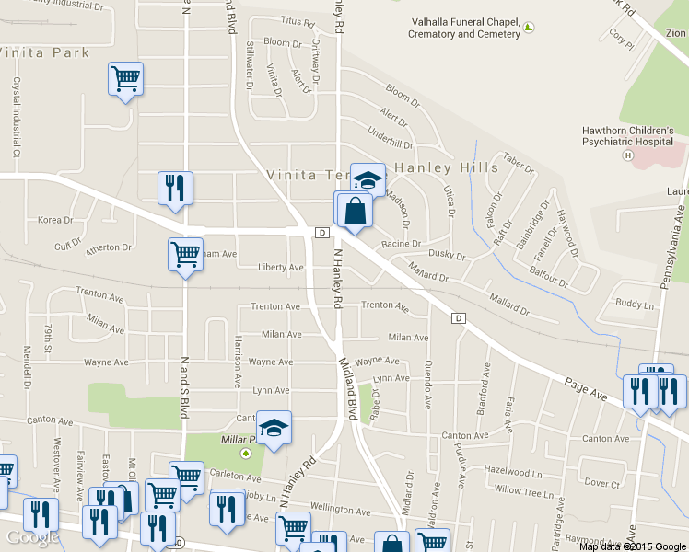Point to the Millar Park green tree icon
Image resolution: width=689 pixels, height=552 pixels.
[246, 453]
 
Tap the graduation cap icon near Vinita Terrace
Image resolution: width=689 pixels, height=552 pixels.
[368, 178]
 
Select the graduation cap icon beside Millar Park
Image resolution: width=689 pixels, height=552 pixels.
[274, 427]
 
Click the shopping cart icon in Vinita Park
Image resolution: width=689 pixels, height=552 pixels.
[125, 78]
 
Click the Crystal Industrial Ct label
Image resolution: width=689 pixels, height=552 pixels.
[16, 120]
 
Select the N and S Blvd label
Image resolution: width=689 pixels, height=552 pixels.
[184, 387]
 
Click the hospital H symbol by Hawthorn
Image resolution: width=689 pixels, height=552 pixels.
[627, 155]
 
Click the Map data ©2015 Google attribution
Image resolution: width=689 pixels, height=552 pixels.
[633, 546]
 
